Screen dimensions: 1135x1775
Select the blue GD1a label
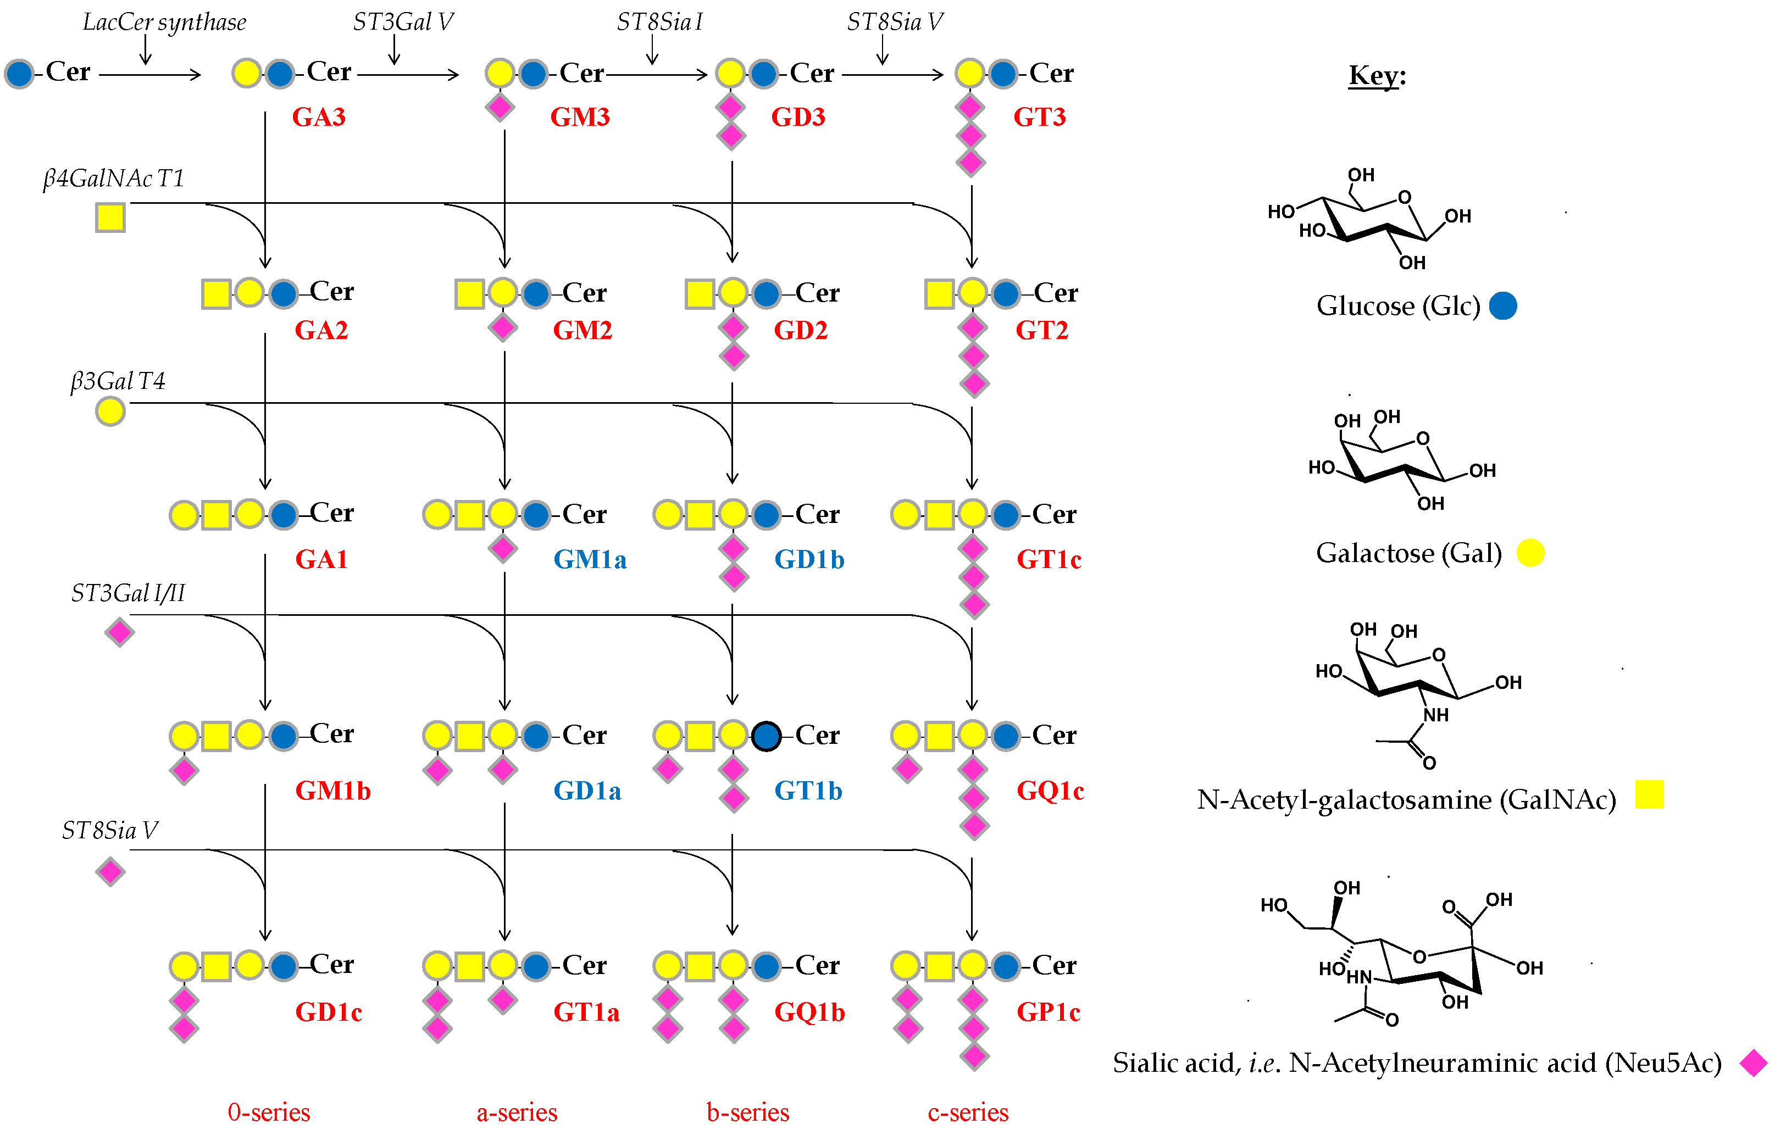pyautogui.click(x=587, y=790)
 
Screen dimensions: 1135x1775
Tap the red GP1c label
pyautogui.click(x=1048, y=1011)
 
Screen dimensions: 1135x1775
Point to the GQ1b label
pyautogui.click(x=808, y=1011)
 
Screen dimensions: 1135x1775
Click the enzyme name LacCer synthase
pyautogui.click(x=164, y=22)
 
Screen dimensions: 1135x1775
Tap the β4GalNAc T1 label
pyautogui.click(x=113, y=179)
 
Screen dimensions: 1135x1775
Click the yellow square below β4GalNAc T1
pyautogui.click(x=110, y=218)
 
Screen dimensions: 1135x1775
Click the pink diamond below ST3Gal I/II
pyautogui.click(x=119, y=632)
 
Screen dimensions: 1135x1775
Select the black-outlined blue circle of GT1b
pyautogui.click(x=766, y=736)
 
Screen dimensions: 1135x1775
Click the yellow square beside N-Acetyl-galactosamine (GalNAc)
pyautogui.click(x=1649, y=794)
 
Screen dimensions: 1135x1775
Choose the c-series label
pyautogui.click(x=967, y=1111)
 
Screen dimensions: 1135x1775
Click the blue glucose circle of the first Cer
pyautogui.click(x=19, y=73)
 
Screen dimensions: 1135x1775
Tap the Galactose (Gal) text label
pyautogui.click(x=1408, y=553)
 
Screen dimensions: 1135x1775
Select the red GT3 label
pyautogui.click(x=1039, y=116)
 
